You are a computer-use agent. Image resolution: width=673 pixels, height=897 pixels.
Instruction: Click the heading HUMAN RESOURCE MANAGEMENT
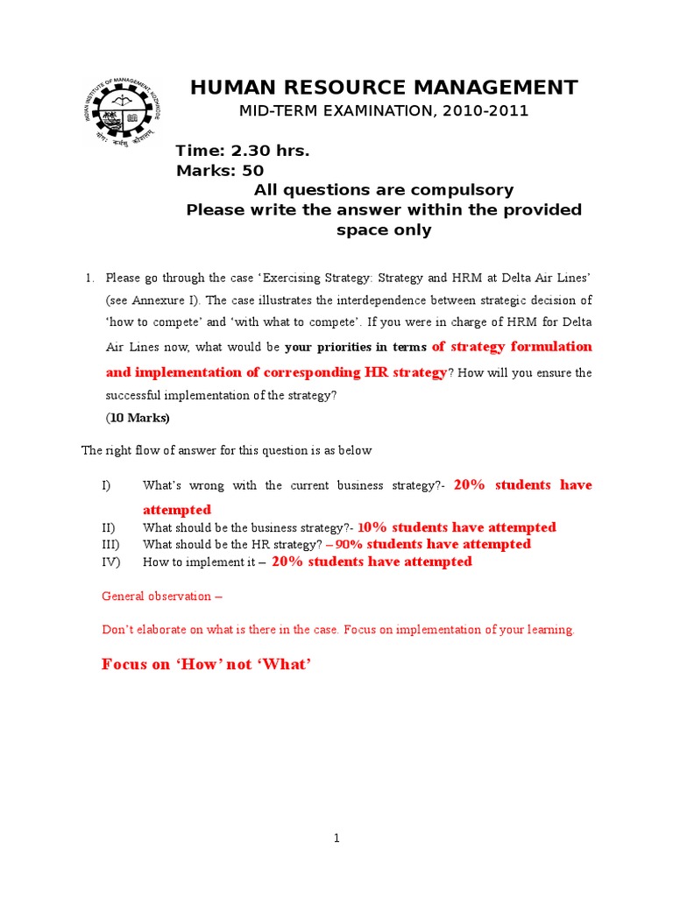[x=384, y=88]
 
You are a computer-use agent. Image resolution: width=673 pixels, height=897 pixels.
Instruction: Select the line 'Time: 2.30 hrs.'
[x=243, y=152]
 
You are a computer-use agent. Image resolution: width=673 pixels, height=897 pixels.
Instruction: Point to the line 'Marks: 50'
[x=220, y=171]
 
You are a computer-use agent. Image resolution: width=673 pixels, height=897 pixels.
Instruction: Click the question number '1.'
[x=89, y=279]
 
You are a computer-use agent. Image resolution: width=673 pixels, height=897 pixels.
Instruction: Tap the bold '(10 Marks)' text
[x=138, y=418]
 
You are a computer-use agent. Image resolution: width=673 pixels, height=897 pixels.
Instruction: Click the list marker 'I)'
[x=107, y=485]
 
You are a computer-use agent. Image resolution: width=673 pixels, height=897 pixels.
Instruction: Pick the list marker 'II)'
[x=109, y=527]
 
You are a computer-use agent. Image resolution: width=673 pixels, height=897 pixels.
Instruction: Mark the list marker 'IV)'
[x=110, y=562]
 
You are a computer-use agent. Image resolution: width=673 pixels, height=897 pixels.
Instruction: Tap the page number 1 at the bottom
[x=336, y=838]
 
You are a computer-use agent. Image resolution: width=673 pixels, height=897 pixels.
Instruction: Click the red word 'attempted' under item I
[x=177, y=510]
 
